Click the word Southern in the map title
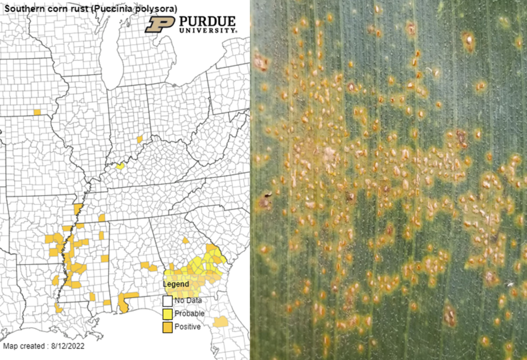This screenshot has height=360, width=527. pos(21,9)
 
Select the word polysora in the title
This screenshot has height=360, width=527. pos(154,9)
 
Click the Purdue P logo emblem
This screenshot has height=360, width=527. pos(160,24)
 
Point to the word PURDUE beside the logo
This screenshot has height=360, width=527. pos(207,22)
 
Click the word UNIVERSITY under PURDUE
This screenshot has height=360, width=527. pos(207,31)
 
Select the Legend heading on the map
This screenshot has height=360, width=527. pos(176,284)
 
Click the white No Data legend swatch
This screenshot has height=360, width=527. pos(167,301)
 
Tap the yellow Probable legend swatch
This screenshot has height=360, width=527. pos(167,314)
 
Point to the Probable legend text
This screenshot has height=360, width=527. pos(189,314)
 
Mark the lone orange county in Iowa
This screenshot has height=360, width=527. pos(37,112)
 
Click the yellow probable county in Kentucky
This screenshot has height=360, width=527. pos(120,166)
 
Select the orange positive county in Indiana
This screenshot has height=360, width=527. pos(139,139)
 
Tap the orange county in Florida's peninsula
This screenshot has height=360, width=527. pos(221,321)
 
